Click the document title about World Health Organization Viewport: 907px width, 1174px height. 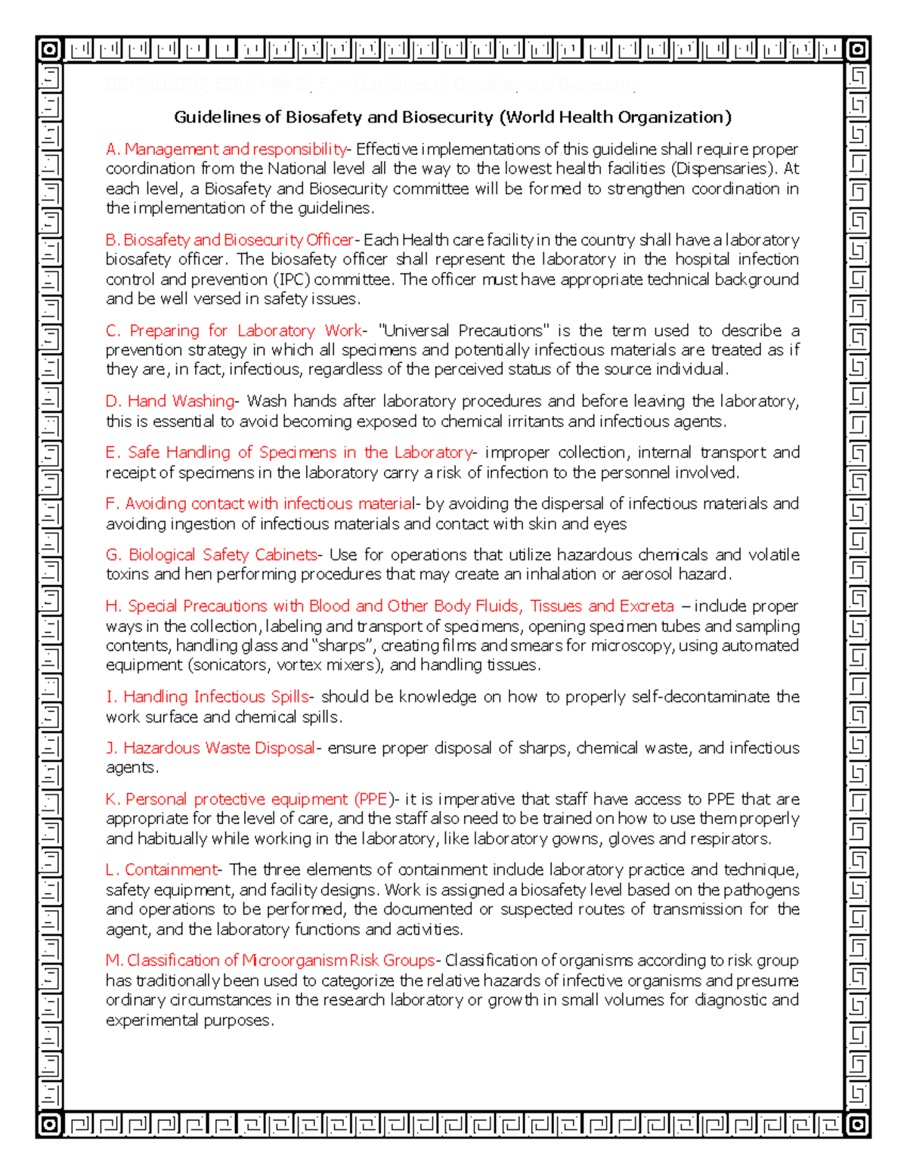tap(453, 117)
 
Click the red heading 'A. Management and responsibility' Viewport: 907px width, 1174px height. tap(226, 149)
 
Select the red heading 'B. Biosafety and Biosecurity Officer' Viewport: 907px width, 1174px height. tap(229, 240)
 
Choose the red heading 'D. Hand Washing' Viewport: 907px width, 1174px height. tap(170, 401)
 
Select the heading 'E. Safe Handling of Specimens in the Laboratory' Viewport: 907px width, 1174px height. tap(289, 452)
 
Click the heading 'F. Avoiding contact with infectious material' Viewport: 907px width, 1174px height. tap(260, 503)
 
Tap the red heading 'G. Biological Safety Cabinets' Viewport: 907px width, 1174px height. tap(212, 554)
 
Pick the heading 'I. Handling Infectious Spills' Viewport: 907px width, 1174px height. tap(207, 696)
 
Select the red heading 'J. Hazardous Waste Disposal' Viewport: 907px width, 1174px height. tap(210, 748)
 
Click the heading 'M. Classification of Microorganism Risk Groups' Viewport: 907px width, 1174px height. tap(270, 960)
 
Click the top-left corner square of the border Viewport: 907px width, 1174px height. tap(49, 51)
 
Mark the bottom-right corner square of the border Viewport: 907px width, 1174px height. tap(858, 1125)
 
